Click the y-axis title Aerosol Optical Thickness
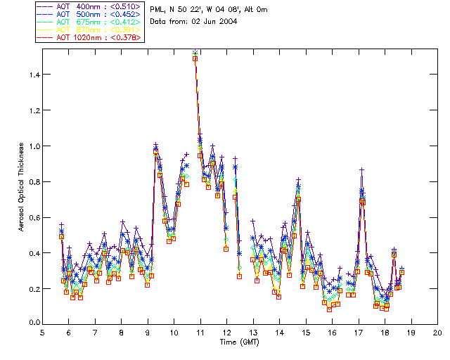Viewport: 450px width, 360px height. pos(21,186)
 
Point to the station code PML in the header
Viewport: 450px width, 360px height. pos(158,9)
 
